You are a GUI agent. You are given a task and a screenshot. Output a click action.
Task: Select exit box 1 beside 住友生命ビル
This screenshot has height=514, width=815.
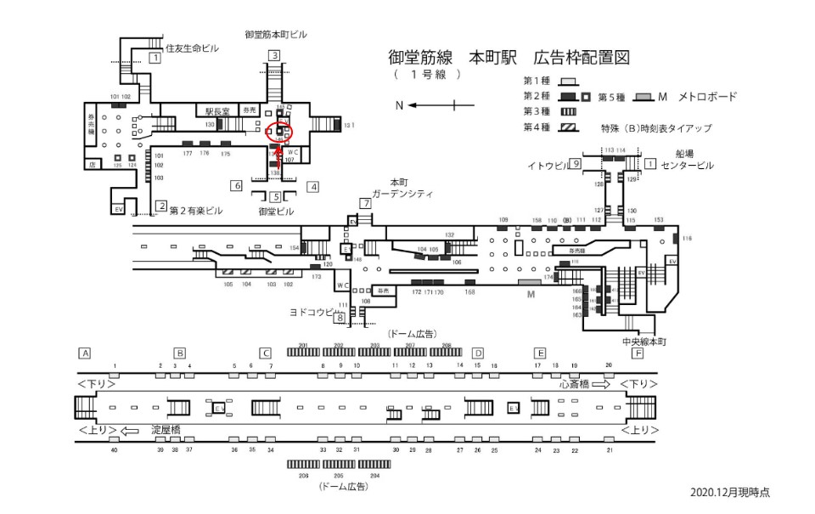(155, 58)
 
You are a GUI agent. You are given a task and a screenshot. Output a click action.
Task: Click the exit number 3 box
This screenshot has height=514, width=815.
(273, 56)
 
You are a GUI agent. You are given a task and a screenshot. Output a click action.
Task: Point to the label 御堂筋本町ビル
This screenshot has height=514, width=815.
(276, 35)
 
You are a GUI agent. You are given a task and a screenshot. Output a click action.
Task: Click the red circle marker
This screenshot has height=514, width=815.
(279, 133)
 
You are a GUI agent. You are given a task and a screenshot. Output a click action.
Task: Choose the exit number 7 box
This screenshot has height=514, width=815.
(365, 204)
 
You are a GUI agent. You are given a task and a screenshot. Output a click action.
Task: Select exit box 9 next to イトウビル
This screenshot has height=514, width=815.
(575, 163)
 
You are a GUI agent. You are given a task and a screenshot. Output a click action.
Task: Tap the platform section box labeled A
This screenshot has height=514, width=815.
(84, 353)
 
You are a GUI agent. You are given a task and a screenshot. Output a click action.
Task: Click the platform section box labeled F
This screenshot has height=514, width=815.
(638, 353)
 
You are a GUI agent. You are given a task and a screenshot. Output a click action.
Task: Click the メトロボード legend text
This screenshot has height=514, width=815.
(708, 96)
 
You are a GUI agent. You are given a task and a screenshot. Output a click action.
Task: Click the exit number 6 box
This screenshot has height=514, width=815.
(237, 186)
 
